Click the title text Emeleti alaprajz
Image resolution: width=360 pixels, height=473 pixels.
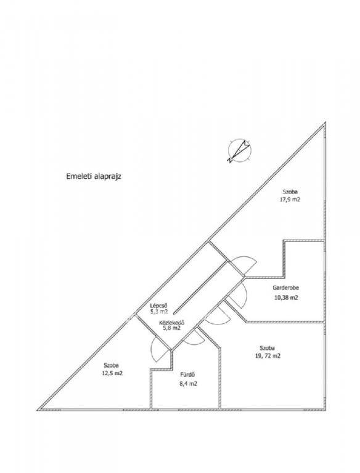(94, 177)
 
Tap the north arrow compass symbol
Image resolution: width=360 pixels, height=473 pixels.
(240, 150)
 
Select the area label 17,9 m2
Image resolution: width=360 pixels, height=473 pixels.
(290, 200)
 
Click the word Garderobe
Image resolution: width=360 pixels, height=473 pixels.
(285, 288)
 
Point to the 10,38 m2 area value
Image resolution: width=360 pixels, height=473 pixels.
(286, 297)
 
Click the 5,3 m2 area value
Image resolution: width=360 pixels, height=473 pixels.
(159, 312)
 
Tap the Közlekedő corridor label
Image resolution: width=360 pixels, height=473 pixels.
(172, 323)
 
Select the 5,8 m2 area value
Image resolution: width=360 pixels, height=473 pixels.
(172, 328)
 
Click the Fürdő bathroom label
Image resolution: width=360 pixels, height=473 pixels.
(187, 375)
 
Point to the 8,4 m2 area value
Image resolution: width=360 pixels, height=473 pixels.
(189, 384)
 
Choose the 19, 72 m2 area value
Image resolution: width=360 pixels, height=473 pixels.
(268, 356)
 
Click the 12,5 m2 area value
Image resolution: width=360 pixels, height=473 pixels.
(112, 373)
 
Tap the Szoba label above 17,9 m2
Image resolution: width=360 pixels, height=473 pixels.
(290, 192)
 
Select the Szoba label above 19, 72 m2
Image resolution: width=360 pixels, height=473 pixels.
(268, 348)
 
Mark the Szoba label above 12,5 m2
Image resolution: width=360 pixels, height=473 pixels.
(112, 365)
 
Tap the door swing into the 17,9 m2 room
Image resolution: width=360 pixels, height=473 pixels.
(246, 256)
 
